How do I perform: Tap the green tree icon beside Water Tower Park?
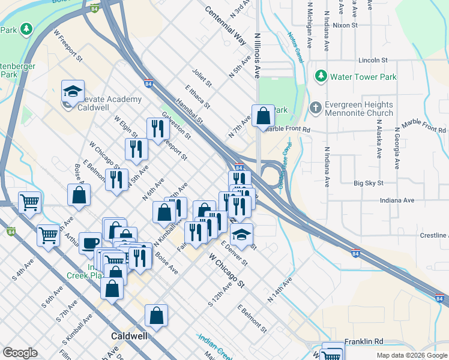coord(321,76)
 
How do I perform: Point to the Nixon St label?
coord(345,26)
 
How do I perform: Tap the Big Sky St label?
coord(368,182)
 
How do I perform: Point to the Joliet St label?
coord(202,76)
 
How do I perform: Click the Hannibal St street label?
coord(189,112)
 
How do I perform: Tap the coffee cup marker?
coord(90,243)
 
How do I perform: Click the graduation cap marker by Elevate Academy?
coord(73,92)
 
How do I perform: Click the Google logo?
coord(20,353)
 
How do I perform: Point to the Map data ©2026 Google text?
coord(411,355)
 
